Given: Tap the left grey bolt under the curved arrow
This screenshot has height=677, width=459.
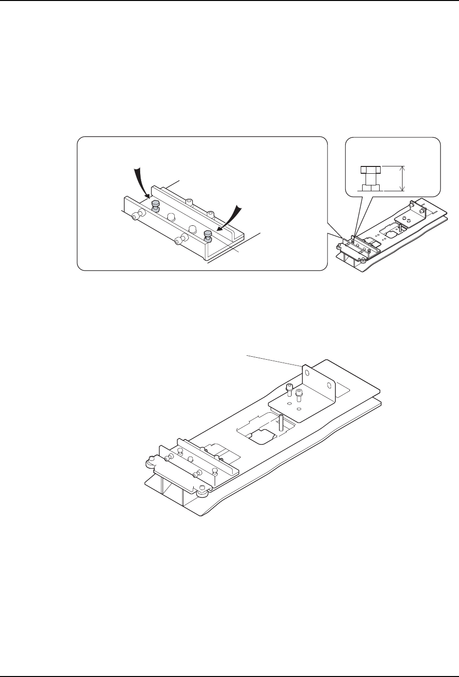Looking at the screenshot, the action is tap(155, 204).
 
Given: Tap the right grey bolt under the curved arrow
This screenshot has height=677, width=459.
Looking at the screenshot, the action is tap(208, 236).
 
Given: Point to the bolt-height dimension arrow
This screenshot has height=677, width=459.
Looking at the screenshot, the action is tap(403, 178).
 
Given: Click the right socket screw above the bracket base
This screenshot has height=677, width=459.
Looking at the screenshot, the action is tap(299, 393).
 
